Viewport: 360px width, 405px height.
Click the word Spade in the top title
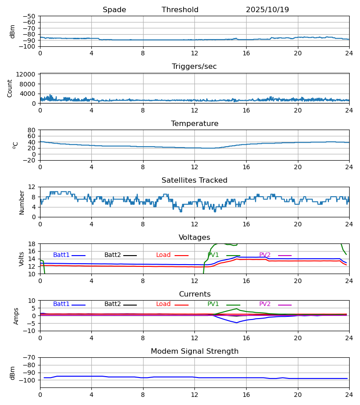pos(114,10)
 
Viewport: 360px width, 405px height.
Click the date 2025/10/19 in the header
pos(267,10)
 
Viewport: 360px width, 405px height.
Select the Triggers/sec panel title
pos(194,67)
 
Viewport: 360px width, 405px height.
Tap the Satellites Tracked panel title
pos(194,180)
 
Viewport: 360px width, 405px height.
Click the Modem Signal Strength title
pos(194,351)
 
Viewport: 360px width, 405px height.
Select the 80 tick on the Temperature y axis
pos(31,130)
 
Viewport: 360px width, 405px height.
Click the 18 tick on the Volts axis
pos(31,244)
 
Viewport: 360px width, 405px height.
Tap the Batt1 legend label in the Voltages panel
pos(61,255)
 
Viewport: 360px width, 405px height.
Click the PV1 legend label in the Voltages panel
pos(213,255)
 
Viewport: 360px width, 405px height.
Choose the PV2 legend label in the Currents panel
pos(265,304)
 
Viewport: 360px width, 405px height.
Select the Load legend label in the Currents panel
pos(163,304)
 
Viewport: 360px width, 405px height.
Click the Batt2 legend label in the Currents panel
pos(112,304)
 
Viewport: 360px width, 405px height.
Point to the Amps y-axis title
pos(16,316)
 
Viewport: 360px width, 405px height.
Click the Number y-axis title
pos(22,202)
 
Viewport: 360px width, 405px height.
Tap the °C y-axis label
pos(15,145)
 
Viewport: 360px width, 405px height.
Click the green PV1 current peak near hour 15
pos(237,309)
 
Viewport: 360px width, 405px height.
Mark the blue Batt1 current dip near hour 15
pos(237,323)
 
